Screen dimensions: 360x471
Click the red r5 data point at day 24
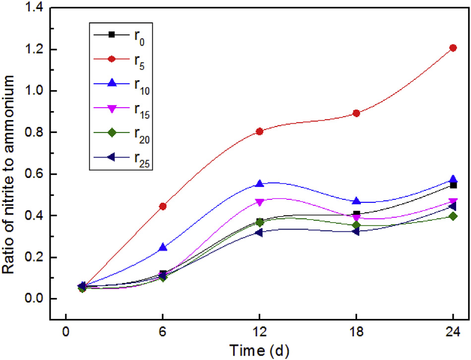click(453, 48)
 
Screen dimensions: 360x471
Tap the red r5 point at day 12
click(259, 131)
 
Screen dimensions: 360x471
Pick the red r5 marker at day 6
click(163, 206)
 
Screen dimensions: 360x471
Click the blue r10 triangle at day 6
click(163, 247)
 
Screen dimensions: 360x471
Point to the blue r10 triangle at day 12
click(259, 183)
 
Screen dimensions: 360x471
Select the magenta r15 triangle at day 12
click(259, 202)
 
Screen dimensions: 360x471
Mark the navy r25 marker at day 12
click(259, 232)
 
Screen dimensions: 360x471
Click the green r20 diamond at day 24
click(453, 216)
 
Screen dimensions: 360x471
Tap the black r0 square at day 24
click(453, 185)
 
